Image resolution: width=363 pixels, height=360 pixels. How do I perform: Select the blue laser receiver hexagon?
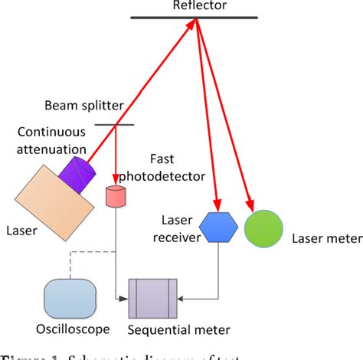221,227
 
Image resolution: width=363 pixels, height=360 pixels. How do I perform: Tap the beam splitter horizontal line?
115,125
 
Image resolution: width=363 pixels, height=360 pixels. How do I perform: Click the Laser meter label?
327,239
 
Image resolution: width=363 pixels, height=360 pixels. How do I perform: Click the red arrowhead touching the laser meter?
251,205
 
